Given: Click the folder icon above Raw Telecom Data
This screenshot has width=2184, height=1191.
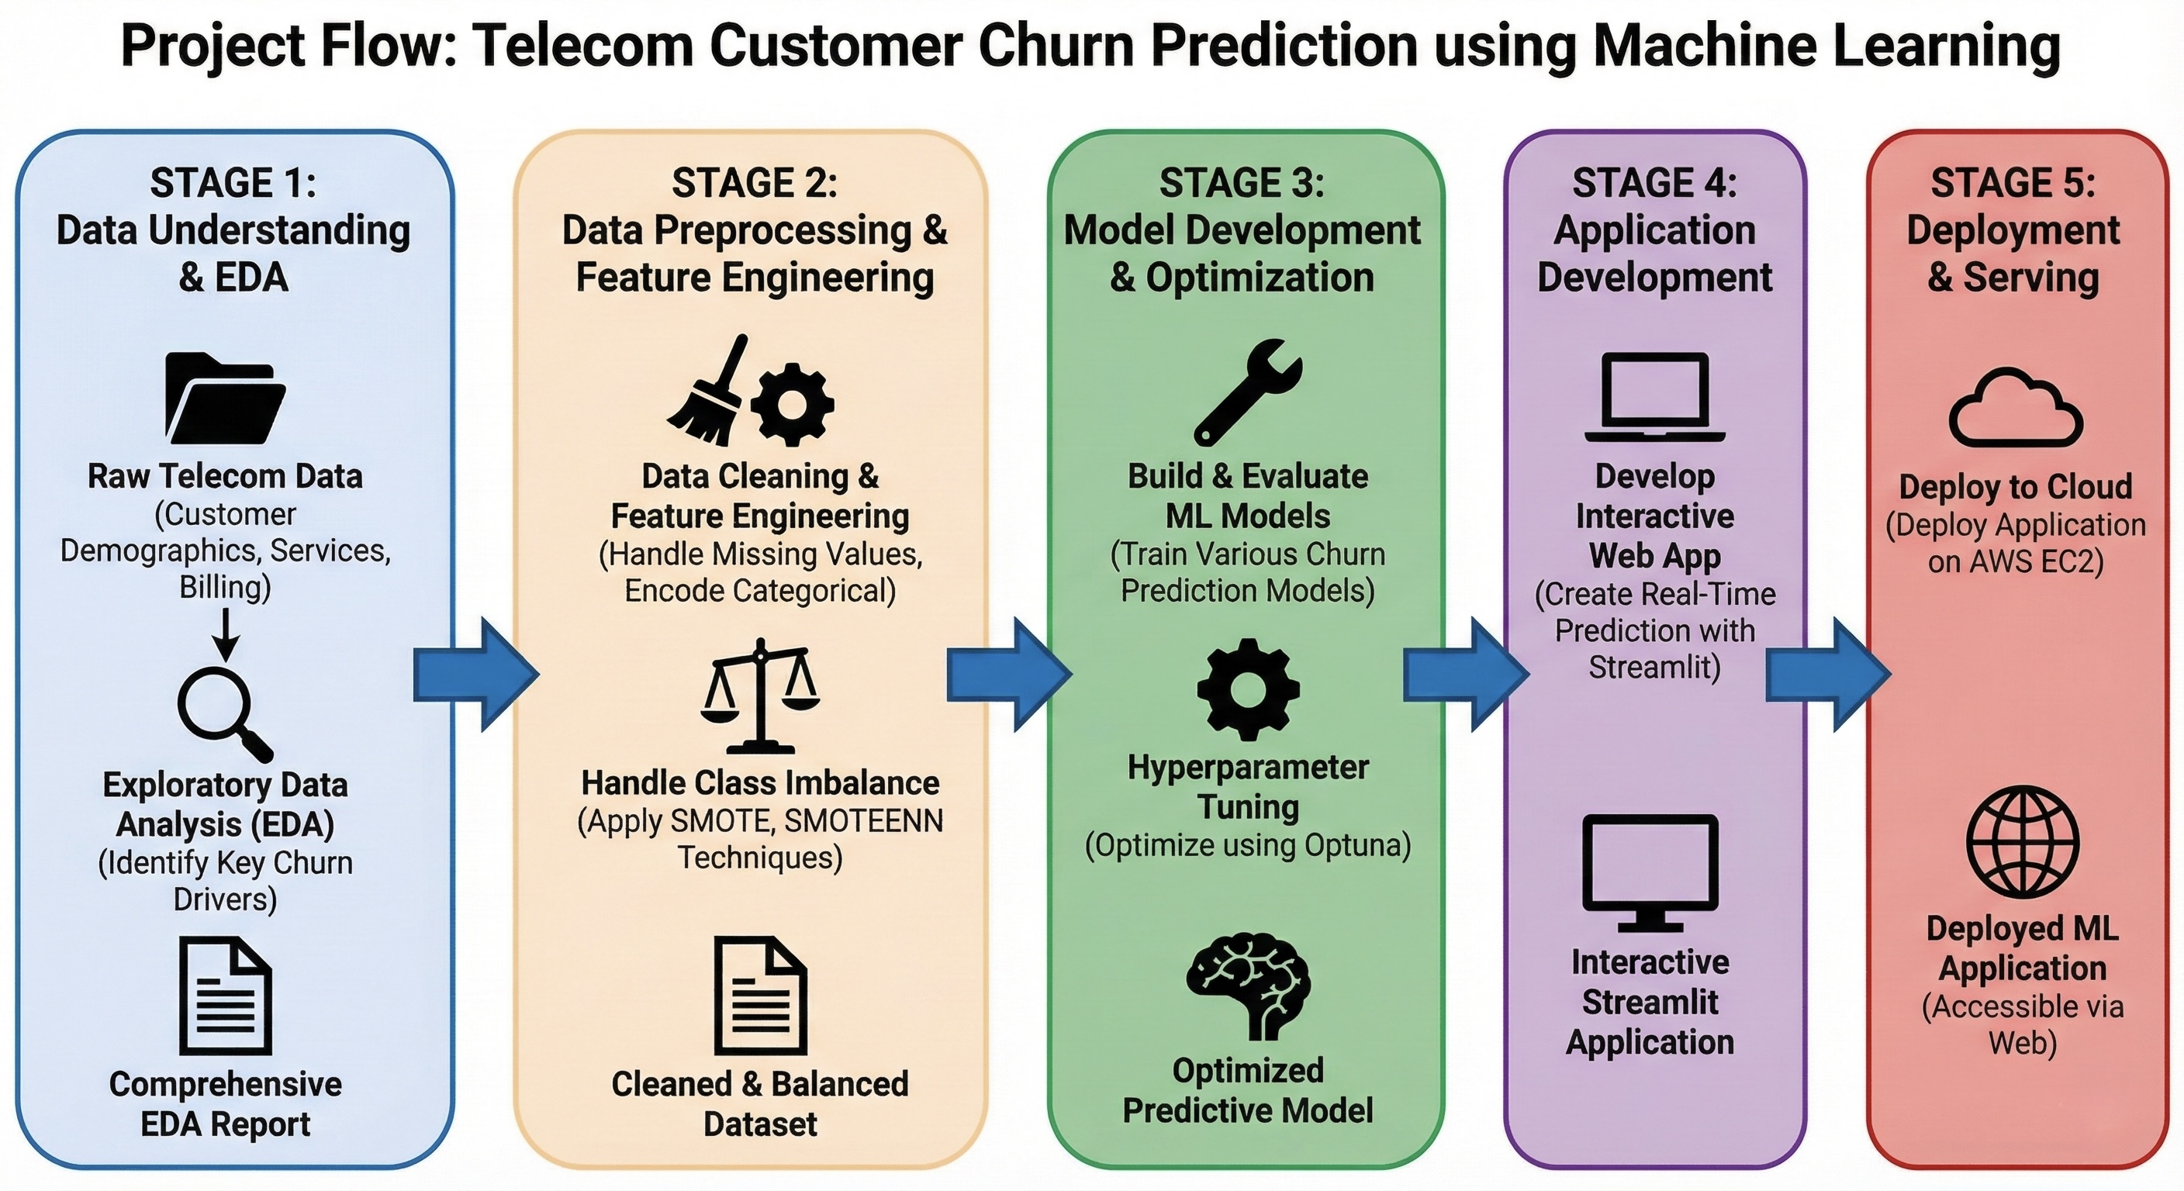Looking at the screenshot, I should click(x=225, y=399).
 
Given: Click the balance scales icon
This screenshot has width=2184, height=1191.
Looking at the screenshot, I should click(x=761, y=697).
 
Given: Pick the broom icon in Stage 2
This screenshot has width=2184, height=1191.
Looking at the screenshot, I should click(x=709, y=392).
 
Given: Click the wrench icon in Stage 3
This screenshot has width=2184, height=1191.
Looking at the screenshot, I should click(x=1247, y=392).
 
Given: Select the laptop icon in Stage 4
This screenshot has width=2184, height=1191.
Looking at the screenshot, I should click(x=1654, y=397).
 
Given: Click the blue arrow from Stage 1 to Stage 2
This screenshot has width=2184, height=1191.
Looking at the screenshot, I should click(x=475, y=675).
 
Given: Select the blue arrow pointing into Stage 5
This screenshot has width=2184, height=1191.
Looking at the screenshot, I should click(x=1827, y=675).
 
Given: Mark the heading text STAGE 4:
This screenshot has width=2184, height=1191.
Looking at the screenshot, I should click(x=1654, y=183).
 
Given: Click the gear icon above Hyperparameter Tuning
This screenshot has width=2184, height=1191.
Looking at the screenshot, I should click(x=1248, y=690).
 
